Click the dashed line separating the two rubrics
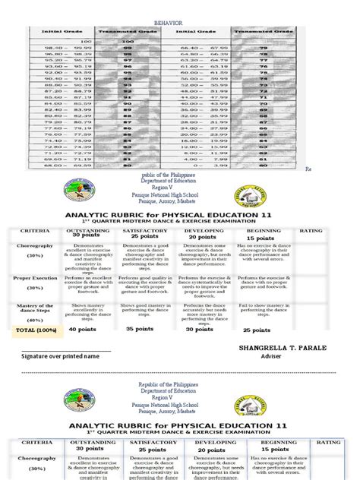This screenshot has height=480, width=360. pyautogui.click(x=180, y=373)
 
